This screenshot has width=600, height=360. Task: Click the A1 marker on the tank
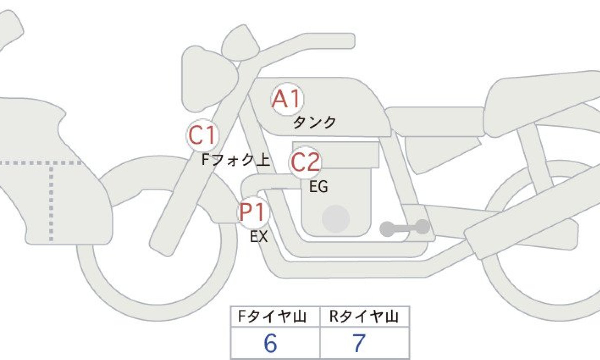pyautogui.click(x=287, y=99)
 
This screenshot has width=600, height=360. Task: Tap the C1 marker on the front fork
pyautogui.click(x=203, y=135)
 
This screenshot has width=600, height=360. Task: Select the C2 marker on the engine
pyautogui.click(x=305, y=162)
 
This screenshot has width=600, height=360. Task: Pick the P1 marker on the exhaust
pyautogui.click(x=253, y=212)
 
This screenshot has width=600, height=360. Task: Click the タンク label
pyautogui.click(x=314, y=123)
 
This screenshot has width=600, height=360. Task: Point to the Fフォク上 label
pyautogui.click(x=235, y=160)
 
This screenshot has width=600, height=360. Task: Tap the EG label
pyautogui.click(x=318, y=187)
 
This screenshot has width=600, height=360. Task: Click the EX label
pyautogui.click(x=259, y=237)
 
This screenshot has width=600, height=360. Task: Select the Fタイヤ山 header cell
pyautogui.click(x=275, y=316)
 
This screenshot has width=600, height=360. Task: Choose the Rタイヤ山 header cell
pyautogui.click(x=365, y=316)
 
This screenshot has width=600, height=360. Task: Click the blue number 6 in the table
pyautogui.click(x=270, y=343)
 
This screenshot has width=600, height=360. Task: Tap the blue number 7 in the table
pyautogui.click(x=359, y=343)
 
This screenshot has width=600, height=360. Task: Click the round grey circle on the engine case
pyautogui.click(x=336, y=219)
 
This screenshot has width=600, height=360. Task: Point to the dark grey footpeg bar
pyautogui.click(x=405, y=228)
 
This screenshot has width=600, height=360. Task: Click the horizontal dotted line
pyautogui.click(x=40, y=163)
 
